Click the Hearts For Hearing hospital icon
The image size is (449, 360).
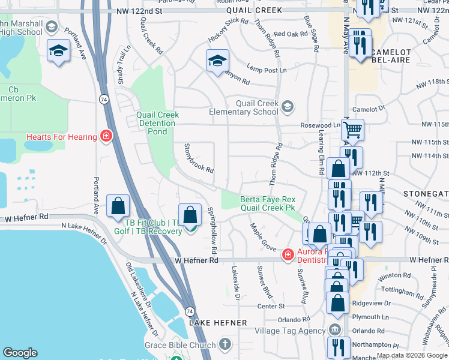pyautogui.click(x=106, y=137)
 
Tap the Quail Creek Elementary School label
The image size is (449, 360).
pyautogui.click(x=244, y=107)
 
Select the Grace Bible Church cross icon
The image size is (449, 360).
pyautogui.click(x=224, y=344)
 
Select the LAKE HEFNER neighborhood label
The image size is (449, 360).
pyautogui.click(x=218, y=322)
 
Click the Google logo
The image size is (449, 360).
pyautogui.click(x=20, y=353)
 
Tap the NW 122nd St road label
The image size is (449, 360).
pyautogui.click(x=140, y=11)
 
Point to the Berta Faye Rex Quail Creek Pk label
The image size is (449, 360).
pyautogui.click(x=267, y=203)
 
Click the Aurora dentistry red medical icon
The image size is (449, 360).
pyautogui.click(x=288, y=255)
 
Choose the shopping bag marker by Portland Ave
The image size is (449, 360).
pyautogui.click(x=118, y=206)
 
